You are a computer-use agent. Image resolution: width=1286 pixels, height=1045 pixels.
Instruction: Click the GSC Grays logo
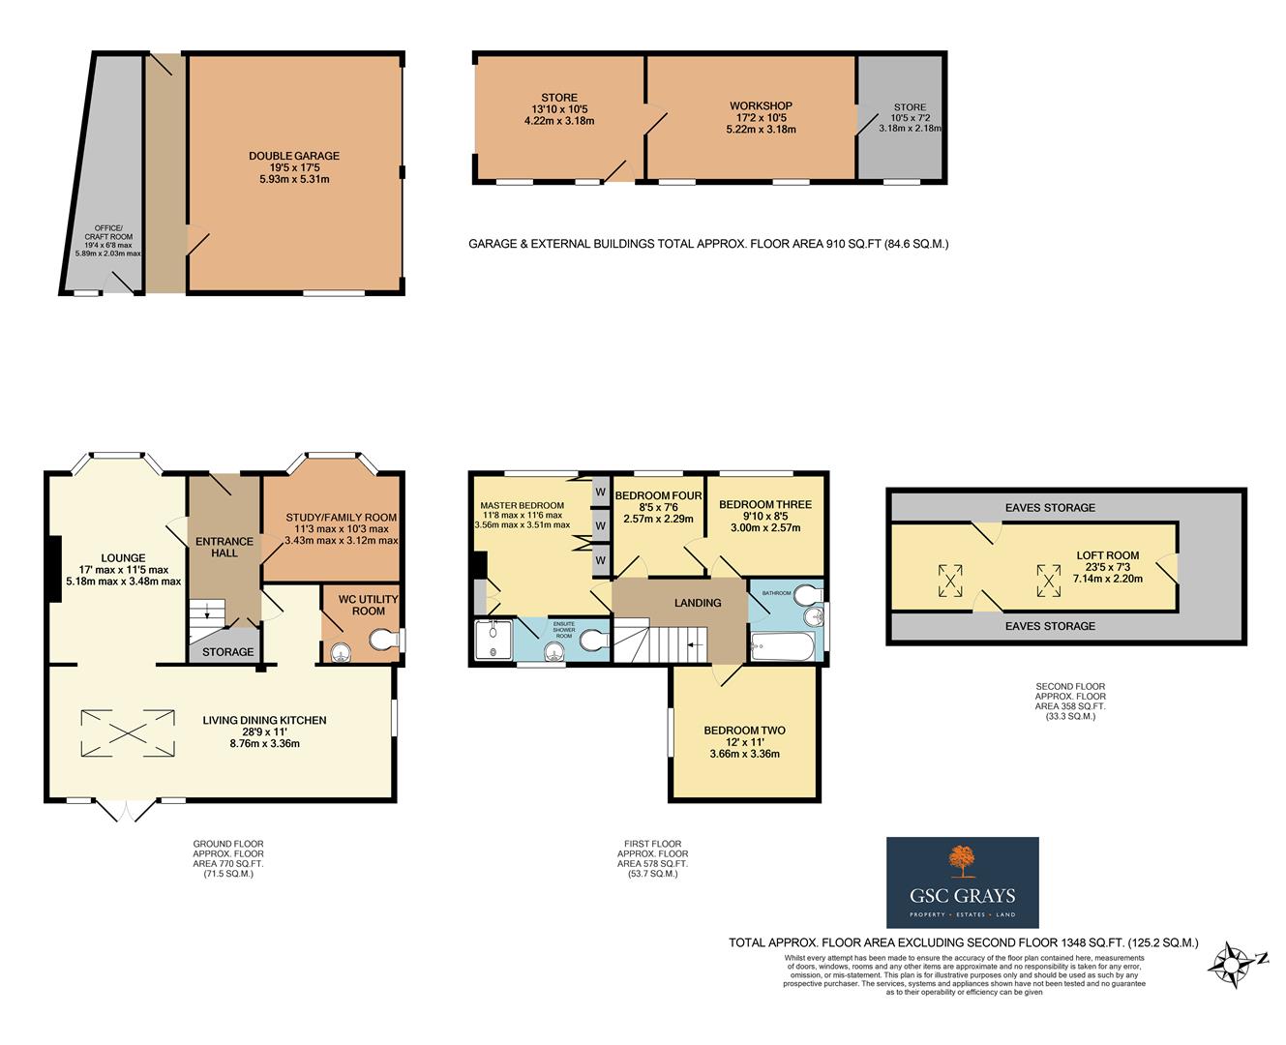click(962, 882)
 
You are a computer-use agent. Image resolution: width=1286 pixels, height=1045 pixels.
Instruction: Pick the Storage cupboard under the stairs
click(227, 652)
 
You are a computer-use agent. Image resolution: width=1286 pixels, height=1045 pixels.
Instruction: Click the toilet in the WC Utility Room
click(384, 642)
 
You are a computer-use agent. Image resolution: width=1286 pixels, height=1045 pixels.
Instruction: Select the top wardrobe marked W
click(600, 491)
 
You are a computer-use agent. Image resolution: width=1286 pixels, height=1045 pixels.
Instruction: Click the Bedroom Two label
click(744, 731)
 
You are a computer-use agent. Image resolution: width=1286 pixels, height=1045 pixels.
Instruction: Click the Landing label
click(698, 603)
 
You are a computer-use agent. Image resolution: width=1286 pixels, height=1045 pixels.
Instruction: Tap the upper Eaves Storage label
click(1050, 507)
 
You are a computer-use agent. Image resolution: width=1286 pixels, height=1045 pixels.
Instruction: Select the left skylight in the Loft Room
click(950, 581)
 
